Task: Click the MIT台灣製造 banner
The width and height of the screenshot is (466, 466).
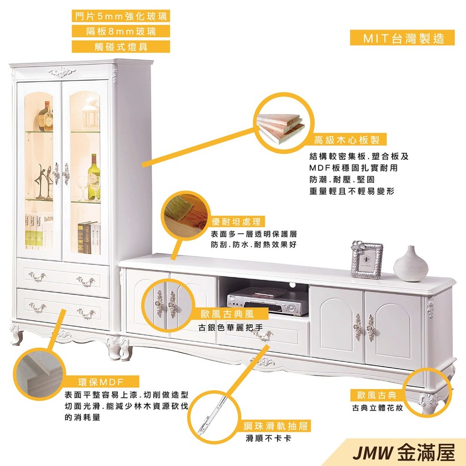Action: coord(402,38)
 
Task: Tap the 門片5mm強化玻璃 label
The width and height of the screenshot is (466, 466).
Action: coord(121,16)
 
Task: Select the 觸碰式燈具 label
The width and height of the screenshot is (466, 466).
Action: coord(121,47)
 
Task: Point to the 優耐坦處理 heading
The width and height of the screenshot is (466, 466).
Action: coord(236,221)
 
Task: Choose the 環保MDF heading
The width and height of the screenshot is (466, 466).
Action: coord(101,382)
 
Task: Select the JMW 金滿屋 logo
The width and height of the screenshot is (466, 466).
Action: coord(404,453)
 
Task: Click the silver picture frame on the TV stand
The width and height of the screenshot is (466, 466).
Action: coord(367,260)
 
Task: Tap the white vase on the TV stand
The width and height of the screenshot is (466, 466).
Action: coord(411,264)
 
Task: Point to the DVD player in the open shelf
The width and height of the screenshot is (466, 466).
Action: coord(267,300)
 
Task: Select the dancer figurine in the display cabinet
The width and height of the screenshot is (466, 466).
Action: coord(44,181)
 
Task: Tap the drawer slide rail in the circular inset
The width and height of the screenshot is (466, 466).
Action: coord(214,413)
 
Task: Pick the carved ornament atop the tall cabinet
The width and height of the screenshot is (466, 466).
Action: coord(62,72)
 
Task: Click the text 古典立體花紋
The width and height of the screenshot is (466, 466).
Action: coord(377,408)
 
